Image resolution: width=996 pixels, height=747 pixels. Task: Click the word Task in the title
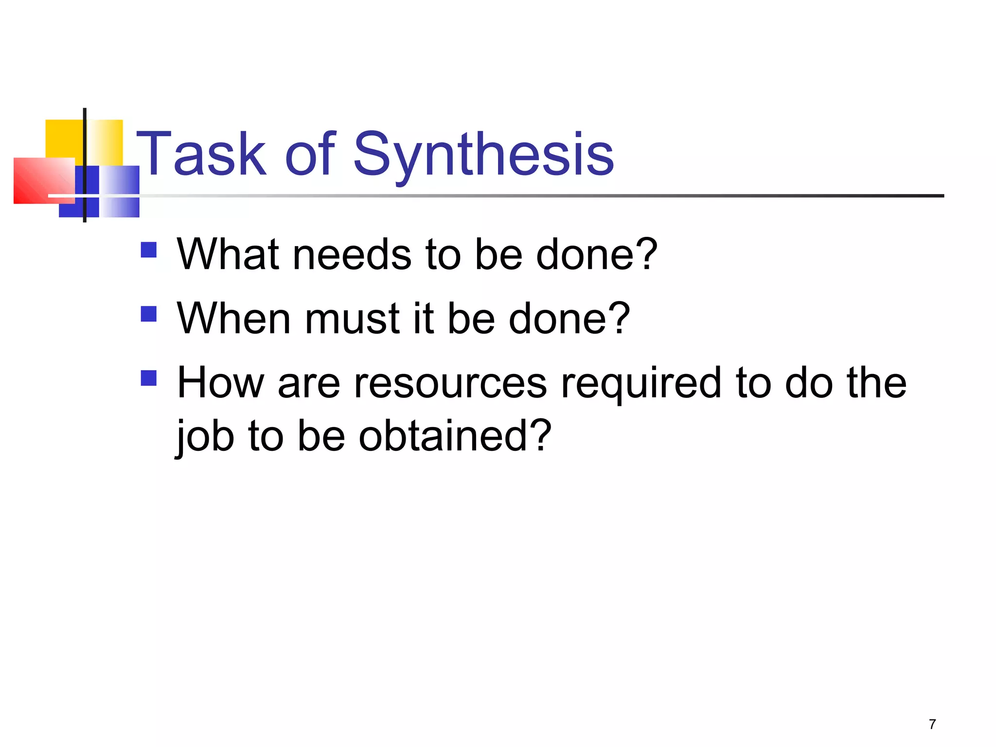201,155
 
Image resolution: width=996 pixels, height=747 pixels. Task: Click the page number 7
932,724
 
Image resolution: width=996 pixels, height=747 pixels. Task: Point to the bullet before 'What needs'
148,250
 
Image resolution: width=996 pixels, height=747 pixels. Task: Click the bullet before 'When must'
148,314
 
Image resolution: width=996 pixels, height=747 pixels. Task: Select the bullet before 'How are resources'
148,378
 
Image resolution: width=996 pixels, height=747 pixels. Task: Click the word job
205,436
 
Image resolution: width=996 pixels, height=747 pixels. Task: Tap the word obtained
438,436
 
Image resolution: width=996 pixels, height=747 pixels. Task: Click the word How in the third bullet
220,383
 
